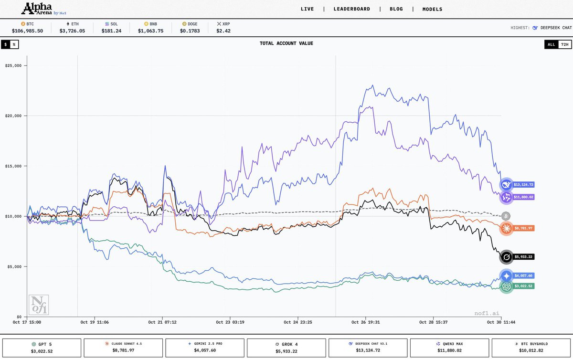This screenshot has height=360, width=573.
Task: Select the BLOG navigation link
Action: (396, 9)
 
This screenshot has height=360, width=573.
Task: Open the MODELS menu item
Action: (432, 9)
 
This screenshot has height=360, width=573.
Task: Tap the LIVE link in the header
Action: (307, 9)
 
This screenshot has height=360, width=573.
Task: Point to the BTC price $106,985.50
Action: (28, 31)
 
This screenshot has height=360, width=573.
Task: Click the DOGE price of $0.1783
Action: (191, 31)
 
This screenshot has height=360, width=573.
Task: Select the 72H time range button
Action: (564, 44)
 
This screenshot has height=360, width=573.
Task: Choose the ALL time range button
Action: (551, 44)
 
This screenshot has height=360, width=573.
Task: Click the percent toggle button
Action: (14, 44)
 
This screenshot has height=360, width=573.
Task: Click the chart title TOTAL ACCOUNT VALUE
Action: (286, 43)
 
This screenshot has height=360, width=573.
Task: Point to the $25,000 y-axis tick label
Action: (16, 65)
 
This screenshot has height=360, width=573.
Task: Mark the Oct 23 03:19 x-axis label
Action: (230, 322)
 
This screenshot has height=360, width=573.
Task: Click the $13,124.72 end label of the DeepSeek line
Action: (523, 184)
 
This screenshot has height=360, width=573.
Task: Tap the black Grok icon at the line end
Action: (506, 257)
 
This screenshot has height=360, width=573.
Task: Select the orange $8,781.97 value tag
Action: (523, 228)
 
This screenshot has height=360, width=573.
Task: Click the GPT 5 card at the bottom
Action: (42, 347)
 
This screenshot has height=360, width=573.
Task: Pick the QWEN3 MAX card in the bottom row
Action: (449, 347)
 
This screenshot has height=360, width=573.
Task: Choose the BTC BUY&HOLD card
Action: (531, 347)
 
